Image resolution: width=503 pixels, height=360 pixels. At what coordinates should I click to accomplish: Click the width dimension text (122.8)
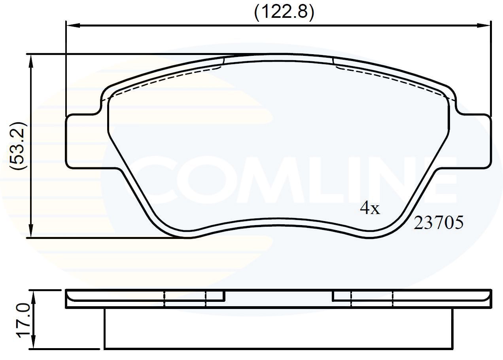[284, 13]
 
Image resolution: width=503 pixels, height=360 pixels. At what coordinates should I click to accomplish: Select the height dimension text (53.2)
[19, 146]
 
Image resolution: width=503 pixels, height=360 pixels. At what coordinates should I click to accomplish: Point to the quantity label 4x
[370, 208]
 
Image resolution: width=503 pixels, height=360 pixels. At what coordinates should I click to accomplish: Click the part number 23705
[438, 224]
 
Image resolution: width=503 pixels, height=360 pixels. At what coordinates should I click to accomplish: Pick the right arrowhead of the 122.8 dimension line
[485, 25]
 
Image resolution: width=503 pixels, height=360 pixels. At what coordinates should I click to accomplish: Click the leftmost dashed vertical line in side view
[164, 299]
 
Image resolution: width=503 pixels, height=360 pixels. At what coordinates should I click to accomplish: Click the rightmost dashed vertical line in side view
[393, 299]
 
